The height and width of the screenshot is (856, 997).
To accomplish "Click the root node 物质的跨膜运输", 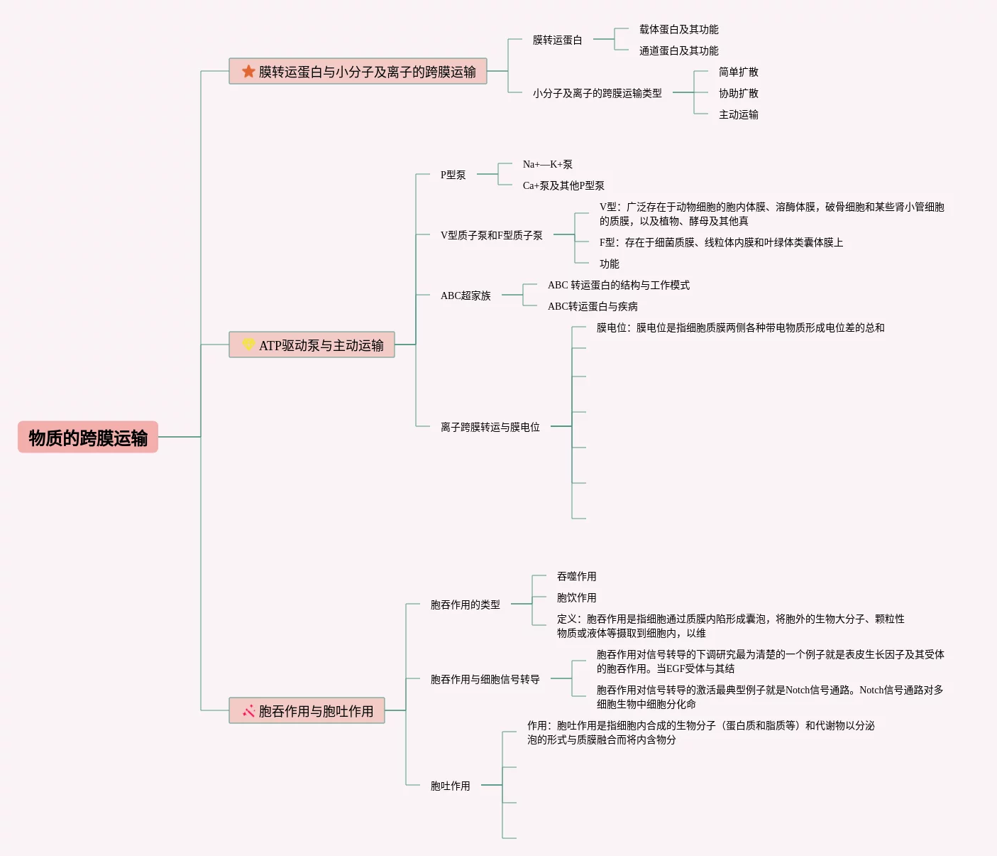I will (x=88, y=438).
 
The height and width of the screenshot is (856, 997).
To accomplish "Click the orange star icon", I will (x=248, y=71).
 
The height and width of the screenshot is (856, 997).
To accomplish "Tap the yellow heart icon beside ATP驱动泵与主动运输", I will (x=248, y=345).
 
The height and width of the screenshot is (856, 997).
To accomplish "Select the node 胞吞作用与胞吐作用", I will (x=315, y=711).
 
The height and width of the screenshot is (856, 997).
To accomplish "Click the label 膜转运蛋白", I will (x=557, y=40).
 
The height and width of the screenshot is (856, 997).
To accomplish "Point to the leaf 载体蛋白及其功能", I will (x=678, y=29).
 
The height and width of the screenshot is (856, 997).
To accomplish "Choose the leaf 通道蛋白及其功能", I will (x=678, y=50).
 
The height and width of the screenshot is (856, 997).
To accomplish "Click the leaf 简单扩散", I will (x=738, y=72).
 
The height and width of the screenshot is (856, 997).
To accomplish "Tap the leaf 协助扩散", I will (x=738, y=93).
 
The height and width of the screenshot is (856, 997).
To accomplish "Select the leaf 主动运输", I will (x=738, y=114).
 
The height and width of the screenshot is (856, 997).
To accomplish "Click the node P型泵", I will (x=453, y=175).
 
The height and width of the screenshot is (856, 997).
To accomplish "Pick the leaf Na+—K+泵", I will (x=547, y=164).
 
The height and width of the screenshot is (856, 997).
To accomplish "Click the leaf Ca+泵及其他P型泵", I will (x=563, y=185).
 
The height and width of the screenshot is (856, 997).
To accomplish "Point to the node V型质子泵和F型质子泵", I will (x=491, y=235).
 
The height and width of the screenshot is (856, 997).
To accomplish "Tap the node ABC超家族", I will (x=466, y=296).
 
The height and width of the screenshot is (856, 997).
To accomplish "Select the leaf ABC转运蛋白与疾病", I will (x=593, y=306).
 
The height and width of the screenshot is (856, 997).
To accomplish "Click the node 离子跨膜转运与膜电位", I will (x=490, y=427).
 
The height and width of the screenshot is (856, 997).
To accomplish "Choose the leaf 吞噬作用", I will (x=576, y=576).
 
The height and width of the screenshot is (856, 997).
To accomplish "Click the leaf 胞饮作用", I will (x=576, y=597).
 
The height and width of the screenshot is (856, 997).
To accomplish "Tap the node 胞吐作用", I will (x=450, y=786).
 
